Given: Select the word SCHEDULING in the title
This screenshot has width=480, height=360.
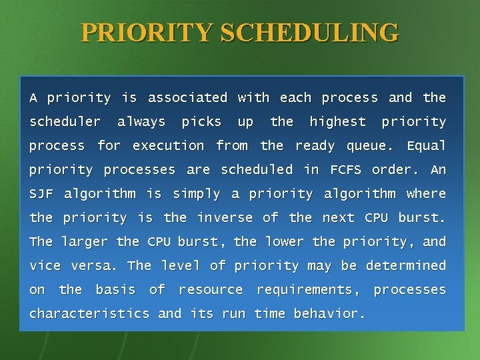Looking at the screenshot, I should tap(310, 32).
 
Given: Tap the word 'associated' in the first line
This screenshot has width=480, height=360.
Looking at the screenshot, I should tap(187, 98).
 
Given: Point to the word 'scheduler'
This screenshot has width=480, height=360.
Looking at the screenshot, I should tap(65, 122).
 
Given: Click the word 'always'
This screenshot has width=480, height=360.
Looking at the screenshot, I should tap(141, 122).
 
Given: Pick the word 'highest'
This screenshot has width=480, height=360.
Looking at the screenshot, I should tap(338, 122).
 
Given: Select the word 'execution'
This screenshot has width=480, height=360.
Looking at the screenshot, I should tap(168, 146).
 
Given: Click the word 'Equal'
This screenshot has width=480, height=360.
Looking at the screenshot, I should tap(426, 146).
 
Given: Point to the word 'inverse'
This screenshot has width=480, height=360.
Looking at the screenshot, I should tap(225, 218).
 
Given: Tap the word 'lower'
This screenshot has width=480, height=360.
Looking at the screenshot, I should tap(283, 242).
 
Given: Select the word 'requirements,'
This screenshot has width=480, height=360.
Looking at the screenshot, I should tap(309, 290).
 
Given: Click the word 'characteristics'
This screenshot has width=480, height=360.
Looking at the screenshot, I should tap(89, 314).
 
